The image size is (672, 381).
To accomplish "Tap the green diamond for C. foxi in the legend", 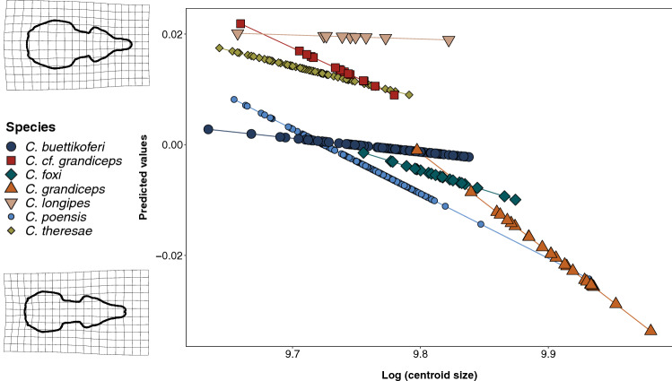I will (x=11, y=174).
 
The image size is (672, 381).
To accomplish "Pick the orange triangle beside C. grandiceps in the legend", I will (x=11, y=188).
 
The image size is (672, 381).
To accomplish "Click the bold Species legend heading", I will (x=30, y=127).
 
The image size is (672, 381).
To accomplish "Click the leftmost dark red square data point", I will (x=240, y=23).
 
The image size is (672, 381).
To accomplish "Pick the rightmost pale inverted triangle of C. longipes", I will (x=449, y=40).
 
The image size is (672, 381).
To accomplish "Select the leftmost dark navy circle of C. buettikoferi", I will (x=208, y=129).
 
